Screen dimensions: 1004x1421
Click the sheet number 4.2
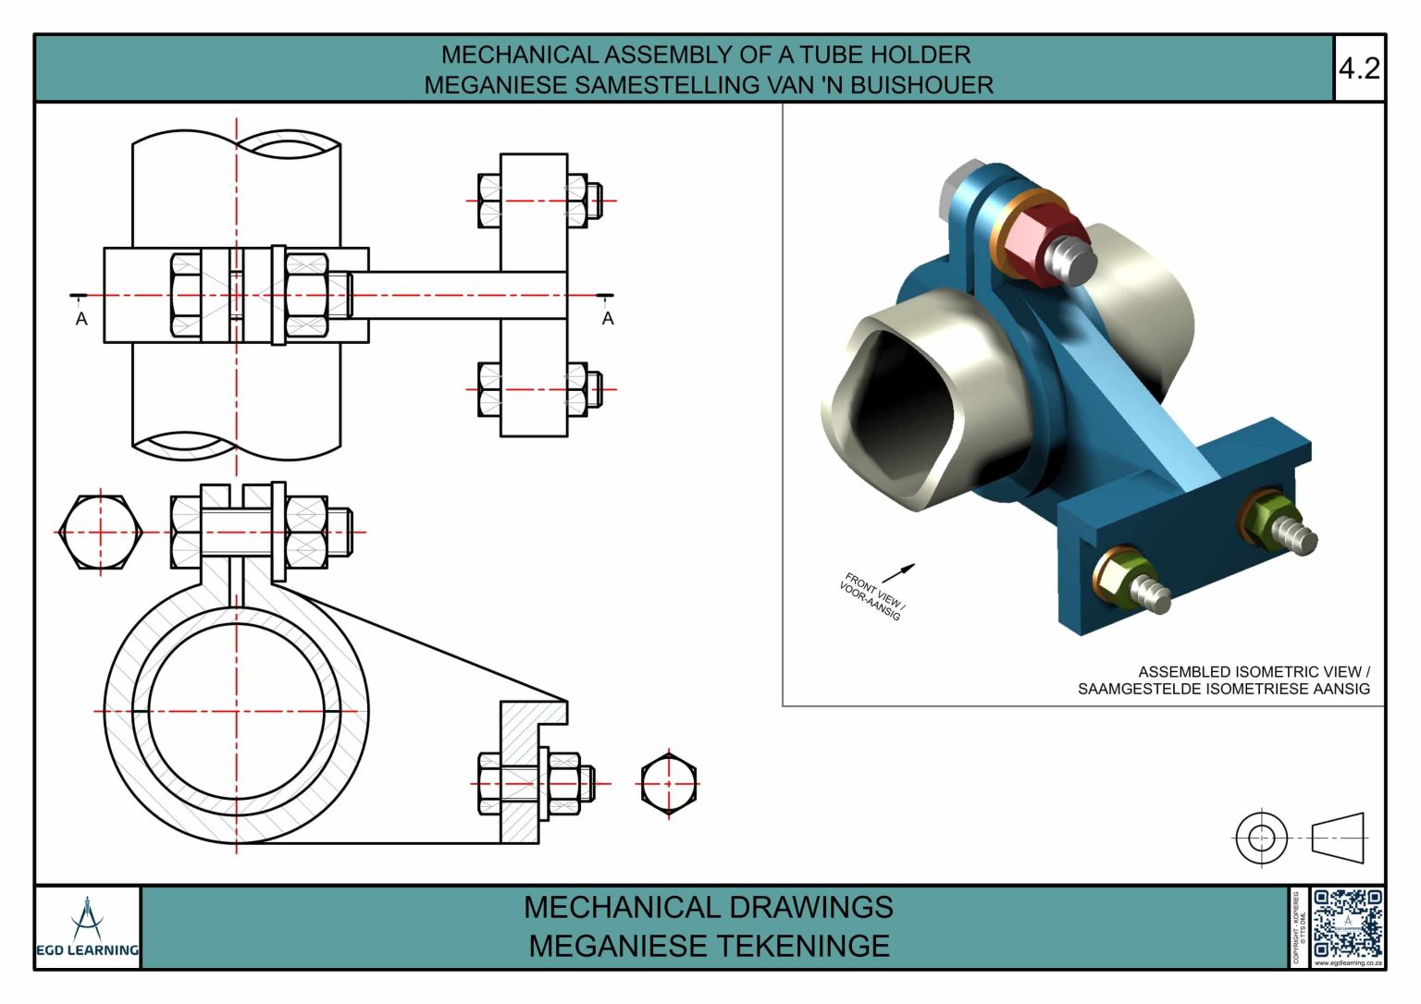[x=1359, y=68]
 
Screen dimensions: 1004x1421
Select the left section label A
[x=81, y=319]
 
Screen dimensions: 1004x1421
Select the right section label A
[x=608, y=319]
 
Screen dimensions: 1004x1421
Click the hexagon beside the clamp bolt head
[x=100, y=533]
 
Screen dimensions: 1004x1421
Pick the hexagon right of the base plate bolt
[x=669, y=784]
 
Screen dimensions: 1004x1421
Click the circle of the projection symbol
[x=1261, y=838]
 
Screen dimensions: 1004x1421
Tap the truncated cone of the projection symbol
[x=1338, y=838]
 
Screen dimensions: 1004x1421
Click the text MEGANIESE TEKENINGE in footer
[x=709, y=947]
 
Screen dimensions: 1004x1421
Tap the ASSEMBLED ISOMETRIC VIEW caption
[x=1253, y=672]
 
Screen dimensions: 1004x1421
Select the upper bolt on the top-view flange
[x=535, y=201]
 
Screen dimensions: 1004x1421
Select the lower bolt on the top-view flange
[x=535, y=389]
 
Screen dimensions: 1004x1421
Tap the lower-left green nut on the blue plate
[x=1122, y=575]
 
